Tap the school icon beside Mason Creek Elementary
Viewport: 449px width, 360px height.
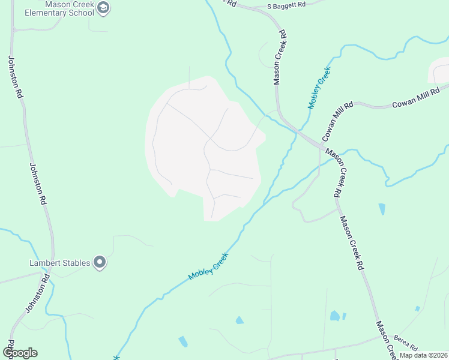tap(103, 7)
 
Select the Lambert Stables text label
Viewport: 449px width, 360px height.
tap(60, 263)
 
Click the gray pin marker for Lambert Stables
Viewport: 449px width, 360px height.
tap(100, 262)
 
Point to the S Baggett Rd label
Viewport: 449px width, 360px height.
tap(287, 5)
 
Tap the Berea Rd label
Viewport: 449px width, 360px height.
tap(406, 344)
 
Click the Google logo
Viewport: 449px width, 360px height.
tap(19, 353)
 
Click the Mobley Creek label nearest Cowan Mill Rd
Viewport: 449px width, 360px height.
tap(319, 88)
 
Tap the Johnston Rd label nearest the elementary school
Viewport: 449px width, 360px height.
tap(16, 77)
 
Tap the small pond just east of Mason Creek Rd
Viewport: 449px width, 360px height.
tap(382, 209)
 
